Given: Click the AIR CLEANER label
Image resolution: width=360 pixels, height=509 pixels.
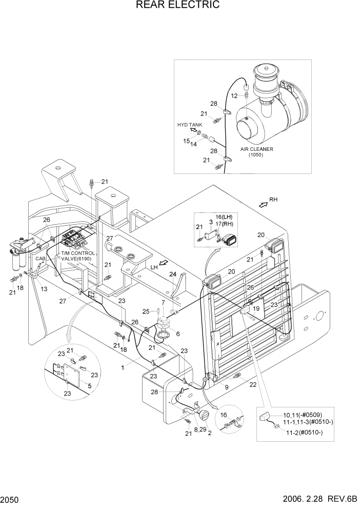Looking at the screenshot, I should click(x=256, y=149).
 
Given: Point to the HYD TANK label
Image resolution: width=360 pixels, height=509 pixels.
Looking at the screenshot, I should click(x=190, y=125).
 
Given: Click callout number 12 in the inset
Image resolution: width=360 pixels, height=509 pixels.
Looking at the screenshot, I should click(x=233, y=95).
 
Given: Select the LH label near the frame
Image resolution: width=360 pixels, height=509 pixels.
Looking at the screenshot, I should click(x=153, y=267).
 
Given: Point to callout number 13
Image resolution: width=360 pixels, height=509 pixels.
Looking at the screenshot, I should click(x=44, y=289).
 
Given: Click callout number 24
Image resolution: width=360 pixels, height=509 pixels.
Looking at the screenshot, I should click(x=173, y=274).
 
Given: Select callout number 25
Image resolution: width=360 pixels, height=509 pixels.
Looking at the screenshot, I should click(x=146, y=311).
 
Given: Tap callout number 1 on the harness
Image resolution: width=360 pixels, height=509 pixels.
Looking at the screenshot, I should click(x=122, y=367).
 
